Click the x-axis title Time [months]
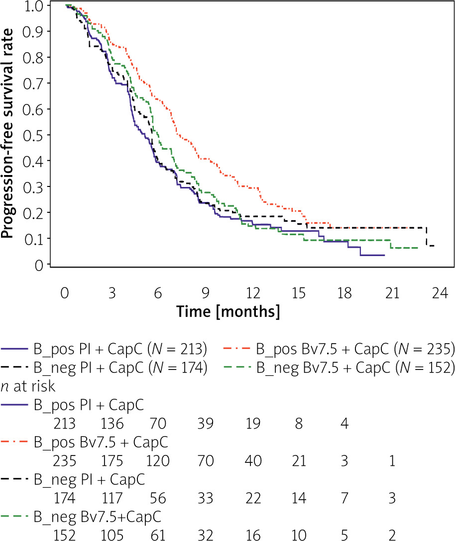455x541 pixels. click(x=228, y=312)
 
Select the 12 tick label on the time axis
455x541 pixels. click(x=252, y=294)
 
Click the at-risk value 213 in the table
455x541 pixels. click(x=65, y=424)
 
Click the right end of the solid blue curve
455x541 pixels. click(x=384, y=255)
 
